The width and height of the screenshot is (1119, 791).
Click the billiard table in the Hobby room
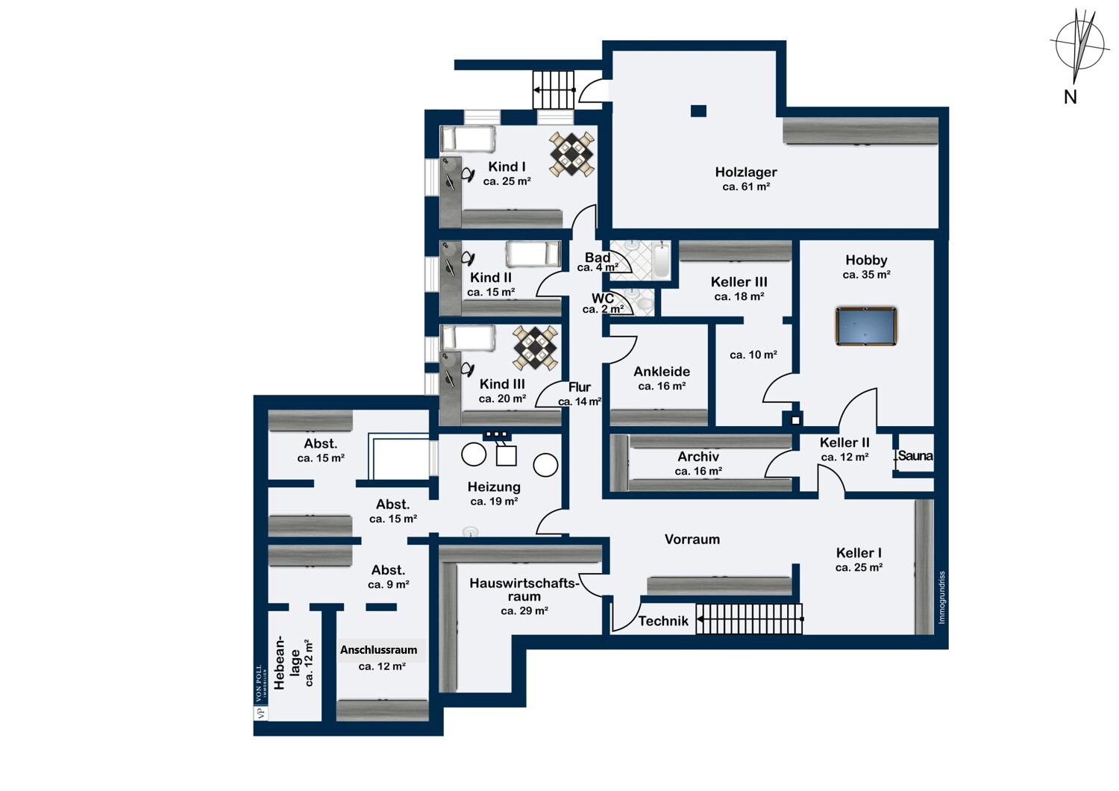point(866,326)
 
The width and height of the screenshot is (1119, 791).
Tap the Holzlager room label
point(746,172)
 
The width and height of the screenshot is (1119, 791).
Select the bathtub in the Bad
point(661,261)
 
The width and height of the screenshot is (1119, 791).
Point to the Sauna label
point(915,456)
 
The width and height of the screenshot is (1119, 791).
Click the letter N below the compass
point(1070,97)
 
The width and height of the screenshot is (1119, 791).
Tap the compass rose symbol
point(1079,46)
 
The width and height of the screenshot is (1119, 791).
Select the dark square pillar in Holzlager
point(698,111)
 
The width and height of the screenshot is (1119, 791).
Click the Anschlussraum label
point(379,650)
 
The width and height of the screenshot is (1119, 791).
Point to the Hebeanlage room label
point(286,663)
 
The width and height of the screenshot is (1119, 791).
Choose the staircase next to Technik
point(749,619)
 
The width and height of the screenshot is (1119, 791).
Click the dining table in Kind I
point(572,154)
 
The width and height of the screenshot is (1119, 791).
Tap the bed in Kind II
point(533,254)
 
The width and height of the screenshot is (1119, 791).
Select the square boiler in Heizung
point(506,456)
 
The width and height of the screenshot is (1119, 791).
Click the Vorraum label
point(692,540)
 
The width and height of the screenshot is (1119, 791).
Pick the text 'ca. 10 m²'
point(753,354)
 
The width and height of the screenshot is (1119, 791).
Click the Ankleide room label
point(662,372)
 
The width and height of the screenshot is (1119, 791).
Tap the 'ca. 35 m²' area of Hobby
point(866,275)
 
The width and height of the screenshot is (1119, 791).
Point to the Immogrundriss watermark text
point(941,598)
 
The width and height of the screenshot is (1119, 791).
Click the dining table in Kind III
point(536,348)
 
